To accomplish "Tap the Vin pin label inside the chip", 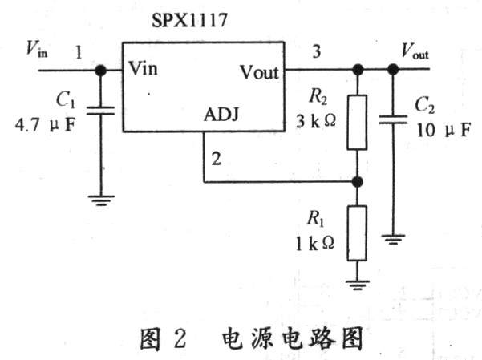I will pyautogui.click(x=144, y=68).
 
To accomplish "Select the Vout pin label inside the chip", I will pyautogui.click(x=259, y=72).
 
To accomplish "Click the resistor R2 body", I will pyautogui.click(x=357, y=123).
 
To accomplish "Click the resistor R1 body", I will pyautogui.click(x=357, y=233).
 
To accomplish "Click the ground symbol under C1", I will pyautogui.click(x=101, y=200).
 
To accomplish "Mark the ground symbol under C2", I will pyautogui.click(x=392, y=237).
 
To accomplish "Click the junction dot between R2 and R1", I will pyautogui.click(x=357, y=181).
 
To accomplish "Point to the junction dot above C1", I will pyautogui.click(x=101, y=70).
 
